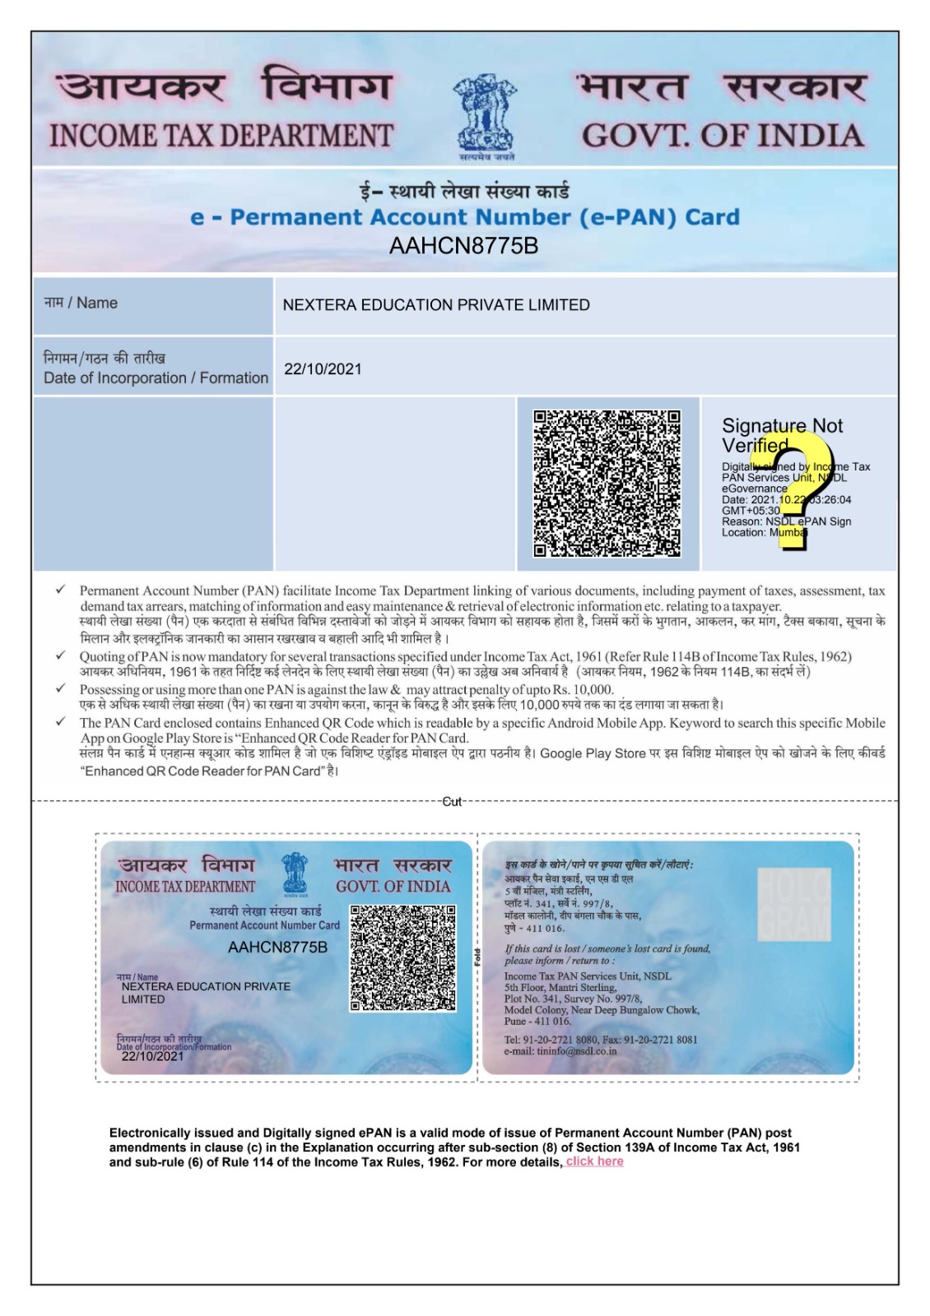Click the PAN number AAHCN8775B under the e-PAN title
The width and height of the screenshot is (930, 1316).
(x=463, y=246)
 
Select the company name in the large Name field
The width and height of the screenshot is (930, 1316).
(x=436, y=305)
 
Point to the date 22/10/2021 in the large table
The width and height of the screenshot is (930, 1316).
(x=323, y=369)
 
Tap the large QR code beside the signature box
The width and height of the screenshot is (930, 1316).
(x=607, y=484)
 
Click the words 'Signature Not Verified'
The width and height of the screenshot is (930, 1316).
(x=781, y=435)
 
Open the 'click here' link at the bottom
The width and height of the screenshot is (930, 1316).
(x=594, y=1161)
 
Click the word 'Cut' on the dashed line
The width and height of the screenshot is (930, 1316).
(x=452, y=801)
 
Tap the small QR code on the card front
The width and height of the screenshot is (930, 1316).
(x=403, y=958)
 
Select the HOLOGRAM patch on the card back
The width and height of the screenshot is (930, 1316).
(x=793, y=905)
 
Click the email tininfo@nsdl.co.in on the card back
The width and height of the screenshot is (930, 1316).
(x=560, y=1051)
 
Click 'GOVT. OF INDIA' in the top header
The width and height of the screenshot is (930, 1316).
(x=723, y=136)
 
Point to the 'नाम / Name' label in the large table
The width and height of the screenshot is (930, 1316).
(x=81, y=303)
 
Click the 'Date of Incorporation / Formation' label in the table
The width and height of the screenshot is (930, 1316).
(x=156, y=378)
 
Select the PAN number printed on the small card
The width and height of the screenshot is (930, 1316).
(x=277, y=948)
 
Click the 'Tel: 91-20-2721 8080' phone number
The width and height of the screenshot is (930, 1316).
(x=551, y=1040)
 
